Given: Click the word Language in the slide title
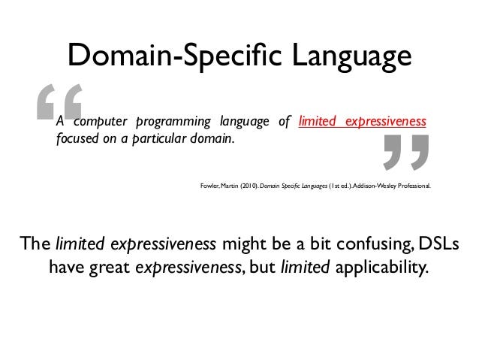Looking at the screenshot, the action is pyautogui.click(x=352, y=57).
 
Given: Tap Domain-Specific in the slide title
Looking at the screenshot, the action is pyautogui.click(x=175, y=56).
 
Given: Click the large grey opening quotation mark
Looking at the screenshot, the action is pyautogui.click(x=59, y=102).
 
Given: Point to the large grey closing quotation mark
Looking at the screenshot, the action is pyautogui.click(x=406, y=153).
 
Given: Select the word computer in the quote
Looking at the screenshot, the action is pyautogui.click(x=101, y=122).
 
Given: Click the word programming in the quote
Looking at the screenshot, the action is pyautogui.click(x=173, y=122).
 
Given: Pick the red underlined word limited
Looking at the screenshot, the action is pyautogui.click(x=317, y=121).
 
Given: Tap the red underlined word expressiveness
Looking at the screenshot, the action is pyautogui.click(x=386, y=122).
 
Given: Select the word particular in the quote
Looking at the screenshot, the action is pyautogui.click(x=159, y=139).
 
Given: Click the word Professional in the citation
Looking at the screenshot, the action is pyautogui.click(x=414, y=186).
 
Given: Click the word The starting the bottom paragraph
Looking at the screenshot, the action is pyautogui.click(x=35, y=244).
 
